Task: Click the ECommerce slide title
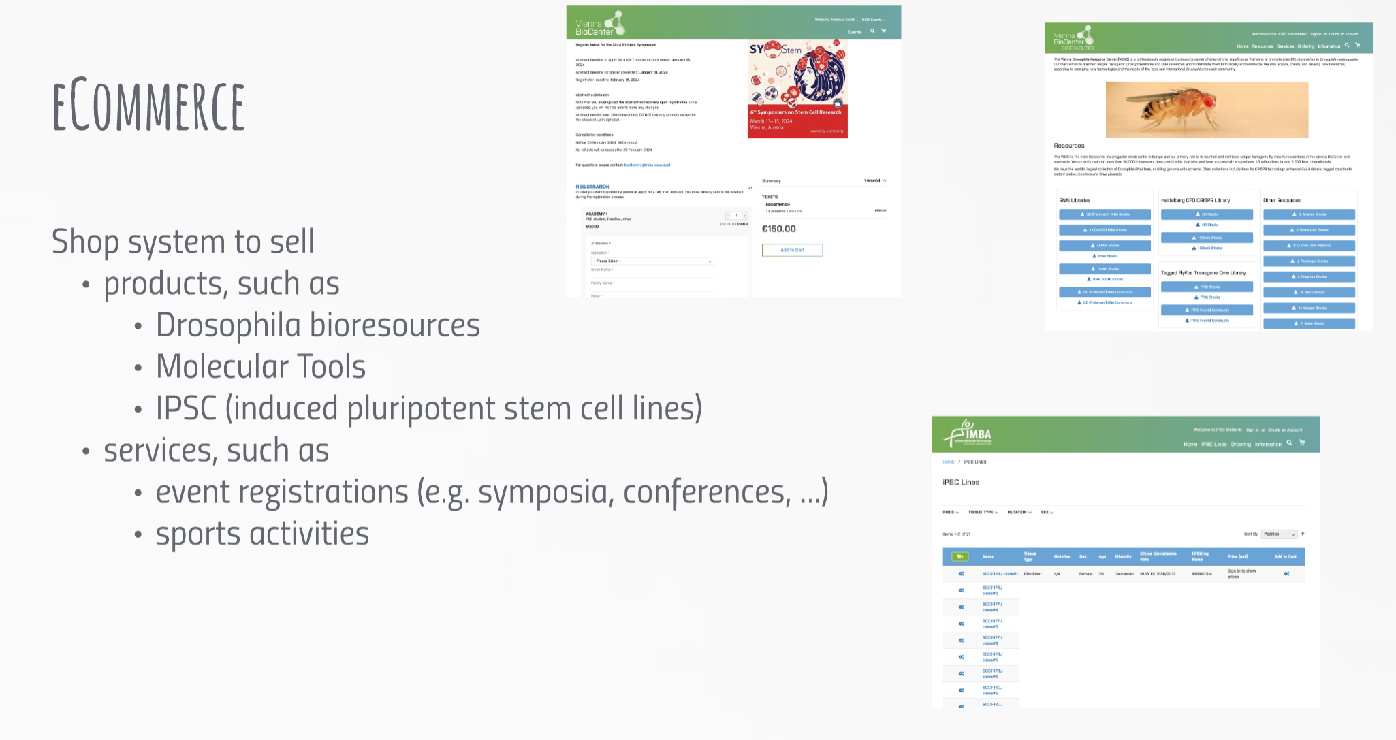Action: [x=148, y=106]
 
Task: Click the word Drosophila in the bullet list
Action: [x=227, y=325]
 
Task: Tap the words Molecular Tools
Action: [x=261, y=366]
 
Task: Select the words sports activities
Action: [x=262, y=533]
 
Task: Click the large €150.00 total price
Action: [x=778, y=229]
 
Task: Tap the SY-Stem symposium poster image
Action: [x=797, y=89]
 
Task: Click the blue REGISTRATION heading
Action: [x=592, y=187]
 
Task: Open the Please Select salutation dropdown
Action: [x=652, y=261]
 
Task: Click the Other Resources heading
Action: [x=1282, y=200]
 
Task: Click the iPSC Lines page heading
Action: [x=961, y=482]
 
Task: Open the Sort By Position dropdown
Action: [x=1279, y=534]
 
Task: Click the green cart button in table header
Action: [x=960, y=556]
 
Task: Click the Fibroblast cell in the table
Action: [x=1032, y=574]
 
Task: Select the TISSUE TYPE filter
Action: [x=983, y=512]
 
